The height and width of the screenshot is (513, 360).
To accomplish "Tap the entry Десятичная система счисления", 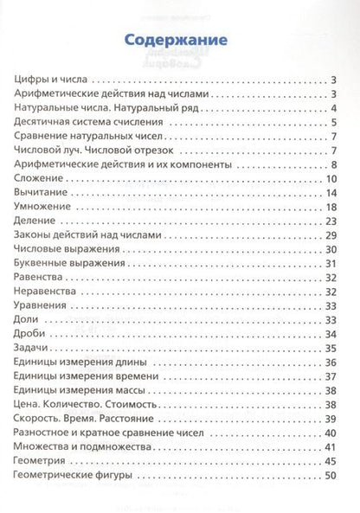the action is (x=91, y=122).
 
